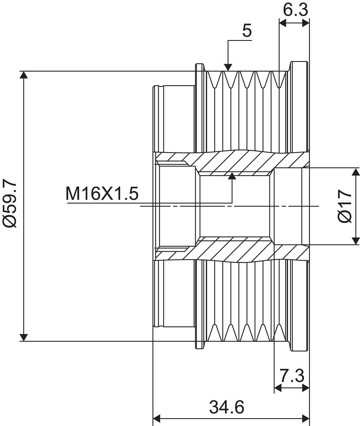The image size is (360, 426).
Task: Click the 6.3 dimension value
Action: pyautogui.click(x=295, y=10)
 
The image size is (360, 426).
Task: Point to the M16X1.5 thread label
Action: pyautogui.click(x=102, y=193)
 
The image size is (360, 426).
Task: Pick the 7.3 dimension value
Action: pyautogui.click(x=292, y=375)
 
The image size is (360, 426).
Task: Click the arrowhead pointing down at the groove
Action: pyautogui.click(x=228, y=67)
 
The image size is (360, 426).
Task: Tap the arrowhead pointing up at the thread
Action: pyautogui.click(x=232, y=176)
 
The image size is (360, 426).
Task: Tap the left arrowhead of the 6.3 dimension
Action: pyautogui.click(x=283, y=23)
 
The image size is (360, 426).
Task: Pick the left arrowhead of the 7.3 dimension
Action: pyautogui.click(x=278, y=388)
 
